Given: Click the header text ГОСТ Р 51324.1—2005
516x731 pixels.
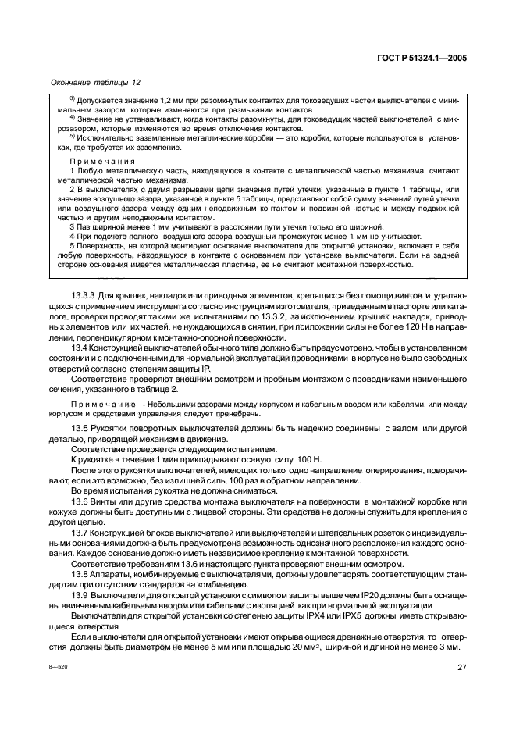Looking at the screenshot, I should pos(421,57).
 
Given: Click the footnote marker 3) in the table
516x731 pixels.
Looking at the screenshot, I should pos(73,100).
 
